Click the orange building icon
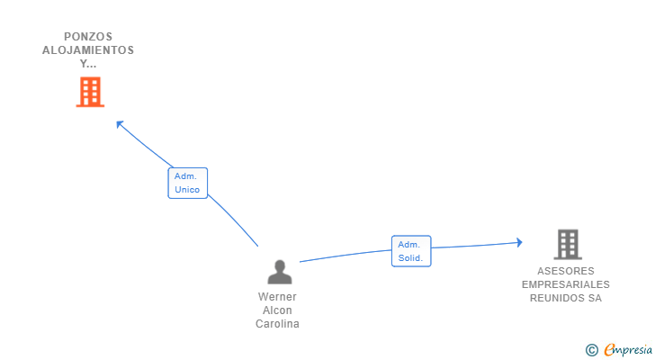click(x=90, y=92)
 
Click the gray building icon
click(x=567, y=244)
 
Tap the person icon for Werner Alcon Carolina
click(x=279, y=272)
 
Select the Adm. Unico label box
click(x=187, y=183)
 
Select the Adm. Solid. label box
click(x=410, y=251)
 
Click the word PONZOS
click(x=88, y=37)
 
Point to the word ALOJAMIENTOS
click(x=88, y=50)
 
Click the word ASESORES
click(x=565, y=271)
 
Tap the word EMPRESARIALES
click(x=565, y=284)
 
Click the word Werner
click(x=277, y=297)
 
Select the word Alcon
click(x=277, y=310)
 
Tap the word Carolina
click(x=277, y=324)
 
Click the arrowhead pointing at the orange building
click(x=120, y=123)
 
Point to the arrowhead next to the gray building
click(x=518, y=241)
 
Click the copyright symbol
click(x=591, y=350)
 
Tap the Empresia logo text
click(x=627, y=350)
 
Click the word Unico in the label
click(x=187, y=189)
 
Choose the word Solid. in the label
click(x=410, y=257)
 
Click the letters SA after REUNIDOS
click(x=594, y=298)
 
